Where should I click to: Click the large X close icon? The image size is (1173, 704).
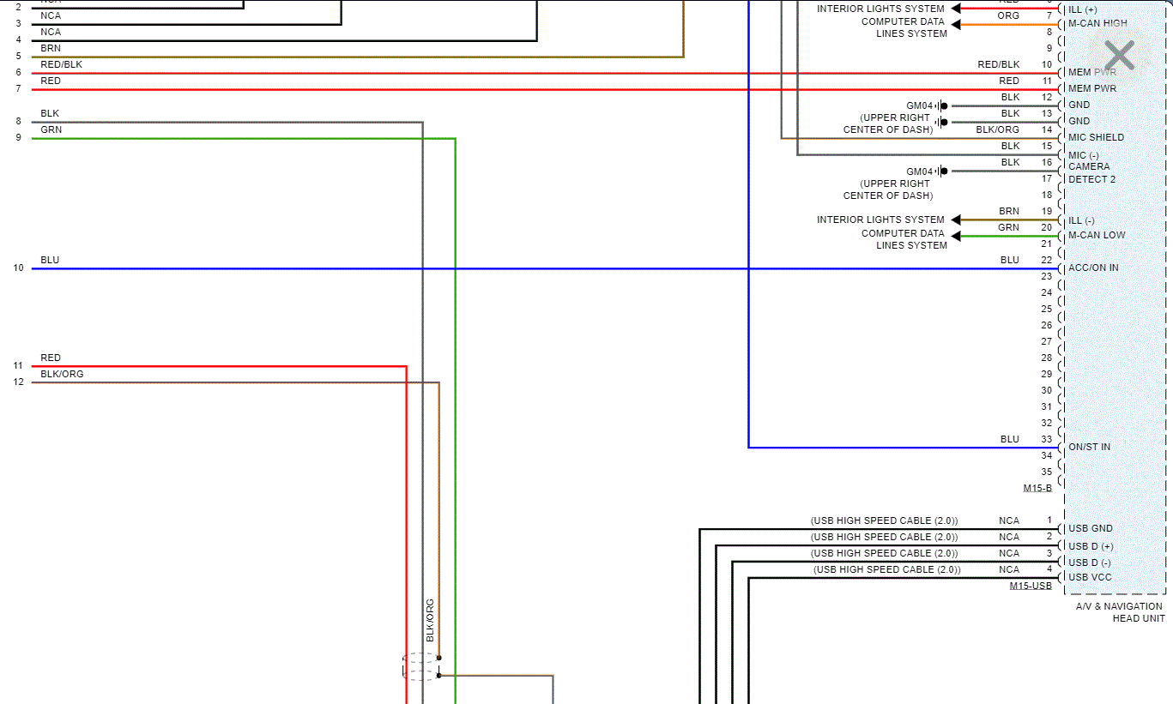pyautogui.click(x=1119, y=56)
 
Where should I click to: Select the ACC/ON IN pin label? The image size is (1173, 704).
pyautogui.click(x=1092, y=268)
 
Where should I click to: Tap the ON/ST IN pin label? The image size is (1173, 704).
pyautogui.click(x=1089, y=447)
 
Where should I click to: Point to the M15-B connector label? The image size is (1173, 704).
pyautogui.click(x=1037, y=488)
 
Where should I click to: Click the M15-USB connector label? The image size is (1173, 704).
pyautogui.click(x=1031, y=586)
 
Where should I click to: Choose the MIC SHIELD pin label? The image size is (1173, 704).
pyautogui.click(x=1096, y=137)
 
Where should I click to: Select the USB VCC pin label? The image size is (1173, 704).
pyautogui.click(x=1090, y=577)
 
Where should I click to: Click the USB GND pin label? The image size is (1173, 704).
pyautogui.click(x=1090, y=528)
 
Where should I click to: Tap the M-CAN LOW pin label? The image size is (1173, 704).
pyautogui.click(x=1097, y=235)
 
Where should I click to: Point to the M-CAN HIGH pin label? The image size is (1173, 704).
pyautogui.click(x=1097, y=23)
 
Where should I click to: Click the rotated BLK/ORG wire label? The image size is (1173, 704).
pyautogui.click(x=430, y=620)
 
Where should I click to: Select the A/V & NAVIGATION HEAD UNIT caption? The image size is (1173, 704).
pyautogui.click(x=1120, y=612)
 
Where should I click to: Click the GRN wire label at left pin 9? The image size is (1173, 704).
pyautogui.click(x=51, y=129)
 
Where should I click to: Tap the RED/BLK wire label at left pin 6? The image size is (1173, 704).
pyautogui.click(x=61, y=64)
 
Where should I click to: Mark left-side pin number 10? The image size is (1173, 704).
pyautogui.click(x=18, y=268)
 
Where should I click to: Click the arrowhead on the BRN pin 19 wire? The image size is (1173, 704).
pyautogui.click(x=956, y=220)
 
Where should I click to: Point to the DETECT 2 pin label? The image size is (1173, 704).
pyautogui.click(x=1091, y=179)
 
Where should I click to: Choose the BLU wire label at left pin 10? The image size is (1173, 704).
pyautogui.click(x=50, y=260)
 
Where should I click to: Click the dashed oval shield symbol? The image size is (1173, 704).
pyautogui.click(x=420, y=666)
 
